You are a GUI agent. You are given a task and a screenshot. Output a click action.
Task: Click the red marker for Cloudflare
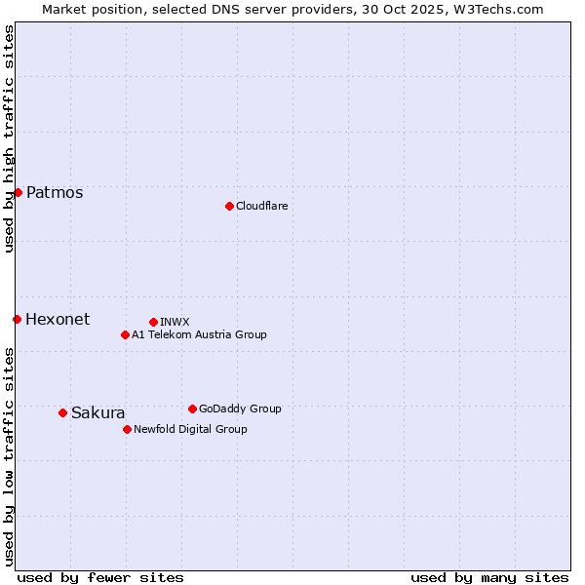pos(229,206)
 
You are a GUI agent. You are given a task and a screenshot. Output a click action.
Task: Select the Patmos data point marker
pos(18,192)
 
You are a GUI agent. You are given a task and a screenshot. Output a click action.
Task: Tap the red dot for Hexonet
pos(17,319)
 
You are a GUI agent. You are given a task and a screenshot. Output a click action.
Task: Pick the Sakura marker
pos(62,412)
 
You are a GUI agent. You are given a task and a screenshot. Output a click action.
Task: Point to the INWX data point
pos(153,322)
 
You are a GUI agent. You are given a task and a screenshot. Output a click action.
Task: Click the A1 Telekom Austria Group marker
pos(125,334)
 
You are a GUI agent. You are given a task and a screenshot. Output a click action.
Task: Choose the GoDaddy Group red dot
pos(192,409)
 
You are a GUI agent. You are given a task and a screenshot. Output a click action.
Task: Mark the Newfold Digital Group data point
pos(127,429)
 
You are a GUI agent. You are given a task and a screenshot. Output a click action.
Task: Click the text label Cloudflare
pos(261,206)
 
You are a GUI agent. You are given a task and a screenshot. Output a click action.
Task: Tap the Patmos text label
pos(55,192)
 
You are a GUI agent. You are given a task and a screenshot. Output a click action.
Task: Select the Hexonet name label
pos(58,319)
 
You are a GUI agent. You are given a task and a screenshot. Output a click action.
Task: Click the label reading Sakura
pos(98,412)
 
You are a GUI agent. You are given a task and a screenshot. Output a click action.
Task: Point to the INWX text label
pos(175,322)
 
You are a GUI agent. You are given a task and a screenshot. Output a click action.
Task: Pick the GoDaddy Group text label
pos(240,409)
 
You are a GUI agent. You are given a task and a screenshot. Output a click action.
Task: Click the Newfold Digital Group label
pos(190,429)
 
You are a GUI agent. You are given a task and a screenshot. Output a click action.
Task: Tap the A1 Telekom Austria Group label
pos(199,334)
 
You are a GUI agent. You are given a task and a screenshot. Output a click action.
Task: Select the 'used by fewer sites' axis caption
pos(100,577)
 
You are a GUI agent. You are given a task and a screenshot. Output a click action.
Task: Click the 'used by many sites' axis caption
pos(489,577)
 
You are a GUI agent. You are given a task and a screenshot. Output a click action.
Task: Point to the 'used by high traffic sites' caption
pos(9,138)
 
